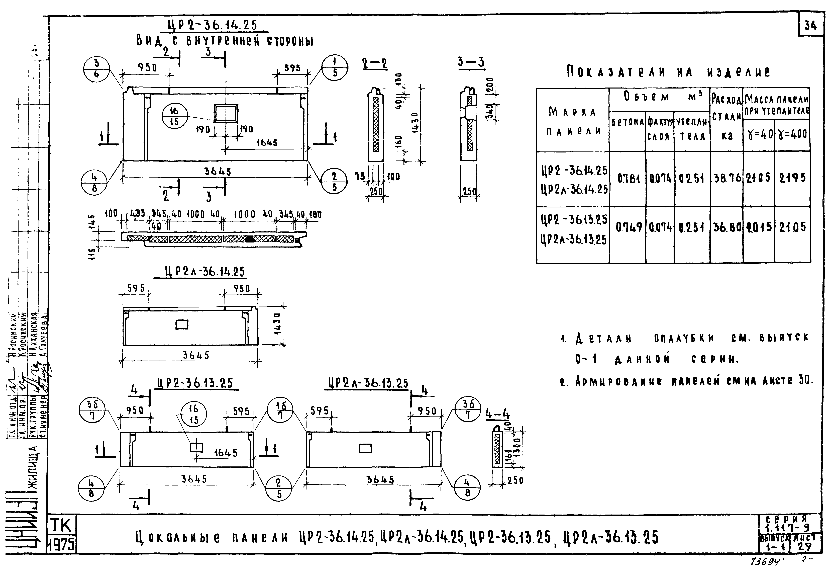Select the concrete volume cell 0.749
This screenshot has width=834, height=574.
[628, 227]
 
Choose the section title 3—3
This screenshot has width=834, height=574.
[471, 63]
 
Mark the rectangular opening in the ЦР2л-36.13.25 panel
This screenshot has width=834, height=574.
[365, 448]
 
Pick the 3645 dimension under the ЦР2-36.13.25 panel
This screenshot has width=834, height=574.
[194, 479]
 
